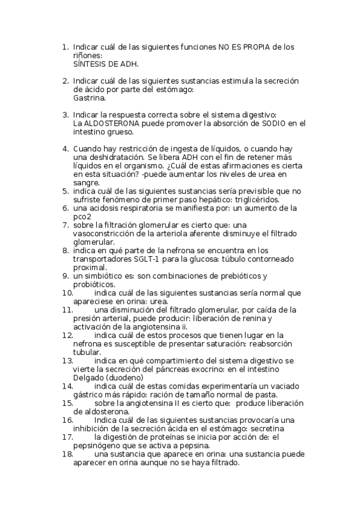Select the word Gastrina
click(x=90, y=97)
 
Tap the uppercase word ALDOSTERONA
click(x=115, y=123)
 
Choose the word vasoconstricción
click(x=109, y=233)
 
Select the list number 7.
click(x=66, y=225)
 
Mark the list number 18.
click(x=67, y=454)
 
